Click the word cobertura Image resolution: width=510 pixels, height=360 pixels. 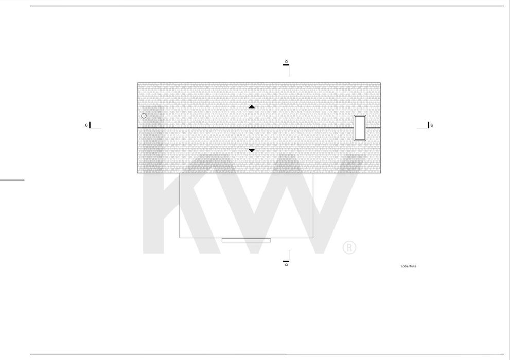[409, 266]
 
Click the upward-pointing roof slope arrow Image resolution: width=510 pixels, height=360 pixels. [252, 106]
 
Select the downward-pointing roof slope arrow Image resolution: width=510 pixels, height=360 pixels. [252, 151]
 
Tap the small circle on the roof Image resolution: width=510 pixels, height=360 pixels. [144, 116]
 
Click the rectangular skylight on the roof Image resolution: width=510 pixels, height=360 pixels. [360, 128]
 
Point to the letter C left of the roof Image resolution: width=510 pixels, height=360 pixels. [86, 125]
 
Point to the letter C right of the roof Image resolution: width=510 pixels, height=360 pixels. [432, 125]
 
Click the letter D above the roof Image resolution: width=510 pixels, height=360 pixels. [286, 61]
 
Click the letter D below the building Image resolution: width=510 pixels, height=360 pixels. [286, 265]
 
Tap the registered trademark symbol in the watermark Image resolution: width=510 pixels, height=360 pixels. [349, 247]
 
